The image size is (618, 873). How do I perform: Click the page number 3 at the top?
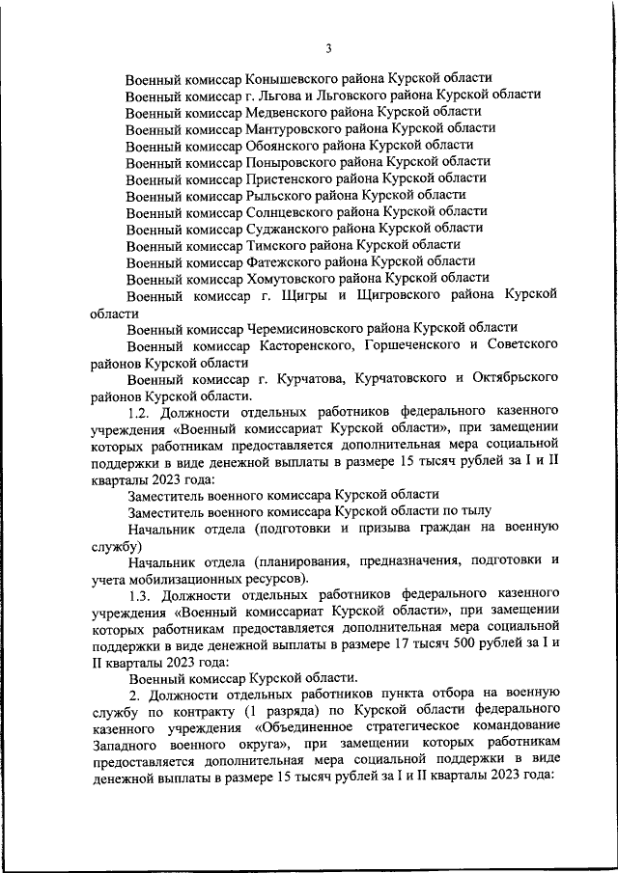[329, 49]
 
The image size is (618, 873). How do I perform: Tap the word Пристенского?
[291, 178]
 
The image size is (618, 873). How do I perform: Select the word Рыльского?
[282, 195]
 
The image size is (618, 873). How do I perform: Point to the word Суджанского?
[289, 229]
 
